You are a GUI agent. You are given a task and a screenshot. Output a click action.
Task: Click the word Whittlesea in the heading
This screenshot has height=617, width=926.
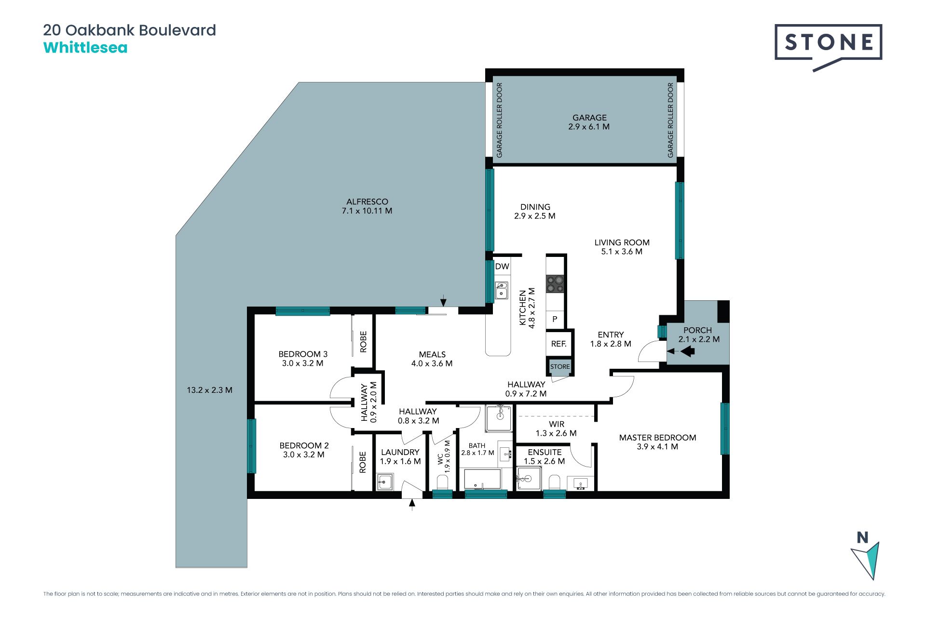[x=85, y=48]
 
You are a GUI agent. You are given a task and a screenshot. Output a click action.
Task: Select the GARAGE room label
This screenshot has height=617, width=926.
[x=589, y=118]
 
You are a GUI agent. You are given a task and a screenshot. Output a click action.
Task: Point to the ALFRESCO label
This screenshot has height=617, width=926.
[x=367, y=202]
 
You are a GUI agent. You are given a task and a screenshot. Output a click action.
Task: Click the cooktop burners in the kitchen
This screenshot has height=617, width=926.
[x=555, y=284]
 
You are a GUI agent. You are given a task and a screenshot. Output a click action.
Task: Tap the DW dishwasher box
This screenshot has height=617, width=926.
[x=502, y=267]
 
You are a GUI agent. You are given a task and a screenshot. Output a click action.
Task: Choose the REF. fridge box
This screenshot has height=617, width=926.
[x=558, y=344]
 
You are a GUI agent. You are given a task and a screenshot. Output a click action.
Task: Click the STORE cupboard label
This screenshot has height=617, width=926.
[x=560, y=367]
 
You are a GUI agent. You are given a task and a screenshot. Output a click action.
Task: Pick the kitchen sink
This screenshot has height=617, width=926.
[x=502, y=290]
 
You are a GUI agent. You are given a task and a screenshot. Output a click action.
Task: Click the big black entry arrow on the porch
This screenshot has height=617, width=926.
[x=687, y=351]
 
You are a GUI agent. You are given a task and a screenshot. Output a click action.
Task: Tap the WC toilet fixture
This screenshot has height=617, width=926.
[x=442, y=482]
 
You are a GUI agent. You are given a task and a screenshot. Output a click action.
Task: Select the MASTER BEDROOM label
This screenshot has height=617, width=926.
[x=657, y=438]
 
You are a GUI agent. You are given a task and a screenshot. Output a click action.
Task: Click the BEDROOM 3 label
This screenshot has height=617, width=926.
[x=303, y=354]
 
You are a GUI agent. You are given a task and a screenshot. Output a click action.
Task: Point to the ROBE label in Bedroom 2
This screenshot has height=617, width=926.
[x=363, y=462]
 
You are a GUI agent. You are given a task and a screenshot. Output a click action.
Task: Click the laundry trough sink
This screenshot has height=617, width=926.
[x=385, y=482]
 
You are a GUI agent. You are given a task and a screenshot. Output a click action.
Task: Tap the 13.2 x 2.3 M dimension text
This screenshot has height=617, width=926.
[x=210, y=390]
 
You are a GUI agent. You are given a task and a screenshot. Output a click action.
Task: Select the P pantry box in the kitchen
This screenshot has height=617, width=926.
[x=555, y=319]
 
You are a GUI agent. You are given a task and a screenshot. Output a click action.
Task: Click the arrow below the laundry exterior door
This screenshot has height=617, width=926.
[x=412, y=505]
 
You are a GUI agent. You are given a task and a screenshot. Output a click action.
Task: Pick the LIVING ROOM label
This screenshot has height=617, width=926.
[x=622, y=242]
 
